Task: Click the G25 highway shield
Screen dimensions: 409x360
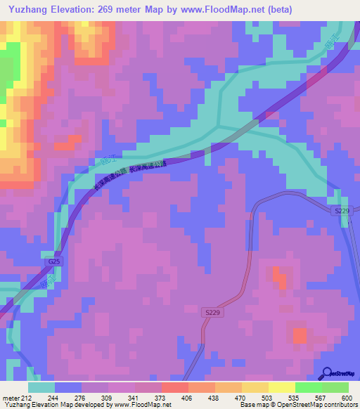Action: click(54, 261)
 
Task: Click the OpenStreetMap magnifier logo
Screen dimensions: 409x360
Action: click(326, 372)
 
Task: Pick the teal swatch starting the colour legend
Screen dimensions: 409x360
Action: click(41, 387)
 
